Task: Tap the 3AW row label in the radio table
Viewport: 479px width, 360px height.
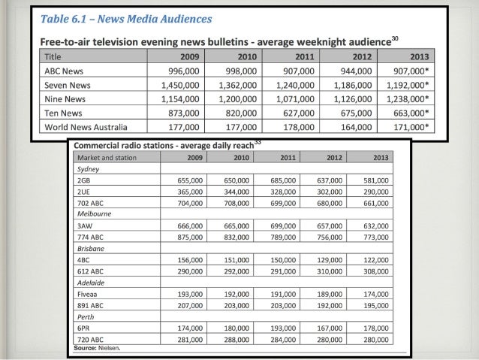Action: (x=84, y=225)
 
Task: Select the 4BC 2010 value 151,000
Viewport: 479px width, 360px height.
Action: (x=238, y=258)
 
